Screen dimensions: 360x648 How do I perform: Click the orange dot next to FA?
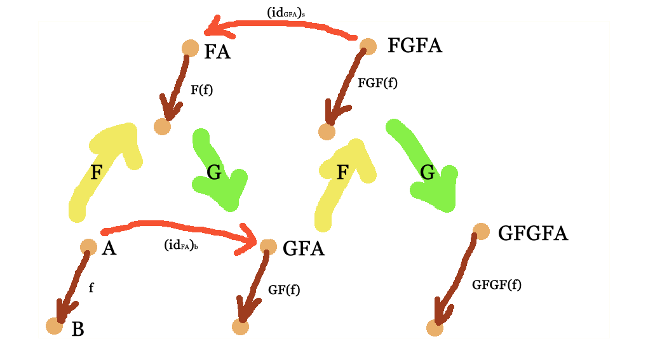[x=190, y=48]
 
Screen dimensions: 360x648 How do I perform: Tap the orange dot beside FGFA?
[x=368, y=45]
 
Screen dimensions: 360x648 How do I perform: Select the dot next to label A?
[x=88, y=247]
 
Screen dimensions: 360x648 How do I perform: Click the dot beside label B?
[x=55, y=326]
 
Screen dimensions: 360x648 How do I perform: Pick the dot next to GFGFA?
[x=481, y=232]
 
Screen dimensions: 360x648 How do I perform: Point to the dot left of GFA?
[x=268, y=246]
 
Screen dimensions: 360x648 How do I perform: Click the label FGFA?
[x=414, y=46]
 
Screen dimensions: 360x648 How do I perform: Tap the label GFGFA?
[x=532, y=233]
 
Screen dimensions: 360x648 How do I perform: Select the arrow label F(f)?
[x=201, y=90]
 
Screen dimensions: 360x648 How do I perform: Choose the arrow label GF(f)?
[x=283, y=290]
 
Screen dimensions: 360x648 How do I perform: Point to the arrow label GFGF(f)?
[x=496, y=284]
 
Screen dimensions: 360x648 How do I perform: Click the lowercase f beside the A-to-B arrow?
[x=91, y=287]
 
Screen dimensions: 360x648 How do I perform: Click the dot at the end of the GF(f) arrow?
[x=240, y=326]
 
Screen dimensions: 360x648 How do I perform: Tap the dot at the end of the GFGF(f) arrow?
[x=435, y=328]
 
